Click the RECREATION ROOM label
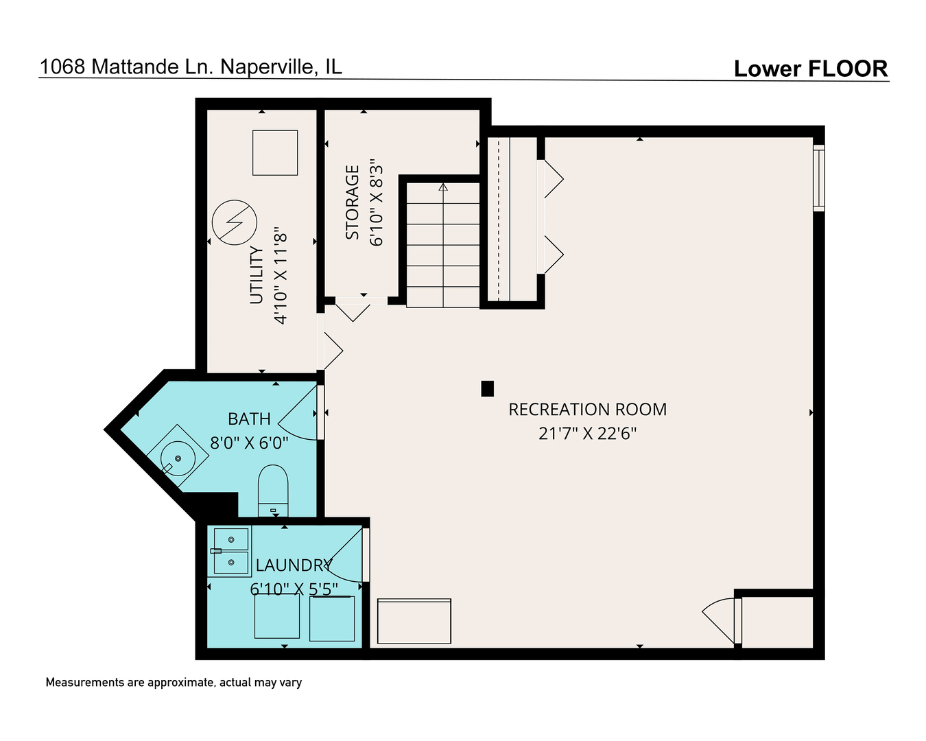[x=587, y=410]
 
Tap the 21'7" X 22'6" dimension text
[x=587, y=434]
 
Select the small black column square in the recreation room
[x=487, y=389]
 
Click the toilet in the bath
[x=273, y=489]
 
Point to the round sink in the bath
[x=178, y=457]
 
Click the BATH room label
[x=249, y=419]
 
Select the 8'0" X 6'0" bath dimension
[x=249, y=443]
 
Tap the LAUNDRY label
[x=294, y=565]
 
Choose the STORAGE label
[x=353, y=202]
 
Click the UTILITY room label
[x=257, y=274]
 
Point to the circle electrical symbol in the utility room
[x=234, y=222]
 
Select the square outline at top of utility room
[x=275, y=152]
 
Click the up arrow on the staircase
[x=443, y=187]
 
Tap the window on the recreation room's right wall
[x=818, y=177]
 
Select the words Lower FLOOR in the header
[x=810, y=69]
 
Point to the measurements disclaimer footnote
[x=174, y=683]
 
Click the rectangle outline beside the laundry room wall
[x=414, y=621]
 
